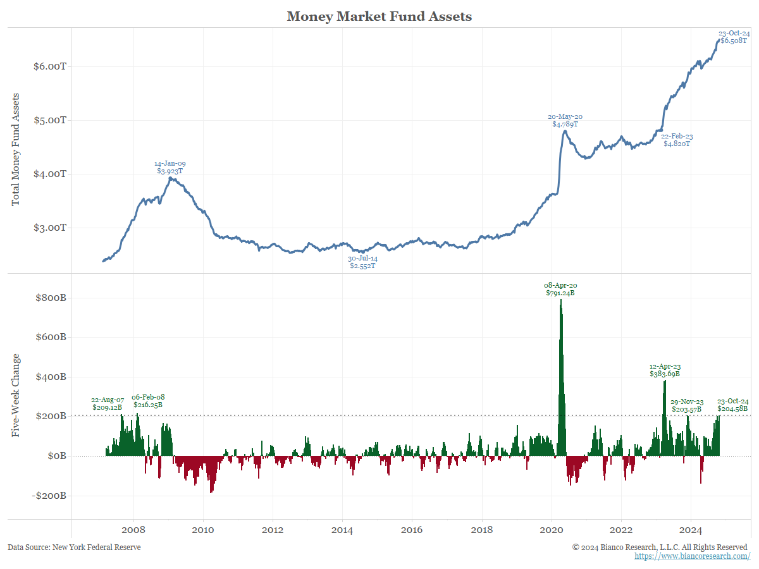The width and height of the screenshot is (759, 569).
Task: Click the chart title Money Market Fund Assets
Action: (379, 16)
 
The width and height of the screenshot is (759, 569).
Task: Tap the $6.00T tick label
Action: (50, 66)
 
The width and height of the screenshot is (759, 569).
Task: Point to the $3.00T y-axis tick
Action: (50, 228)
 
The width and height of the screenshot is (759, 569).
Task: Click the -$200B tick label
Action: (49, 496)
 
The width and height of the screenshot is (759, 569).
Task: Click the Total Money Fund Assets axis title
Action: (16, 149)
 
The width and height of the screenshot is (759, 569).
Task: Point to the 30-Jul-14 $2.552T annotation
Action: (362, 262)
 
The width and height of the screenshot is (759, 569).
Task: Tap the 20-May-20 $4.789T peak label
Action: (565, 121)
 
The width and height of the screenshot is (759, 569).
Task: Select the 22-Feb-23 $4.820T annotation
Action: (676, 140)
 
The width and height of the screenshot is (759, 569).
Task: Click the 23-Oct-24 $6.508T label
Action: (734, 37)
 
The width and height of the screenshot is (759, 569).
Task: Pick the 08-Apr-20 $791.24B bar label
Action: (560, 290)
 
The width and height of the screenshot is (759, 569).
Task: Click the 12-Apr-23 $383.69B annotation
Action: (665, 370)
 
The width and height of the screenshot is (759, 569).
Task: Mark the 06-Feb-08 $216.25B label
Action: (148, 401)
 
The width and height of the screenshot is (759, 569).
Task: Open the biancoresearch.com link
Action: (692, 556)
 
